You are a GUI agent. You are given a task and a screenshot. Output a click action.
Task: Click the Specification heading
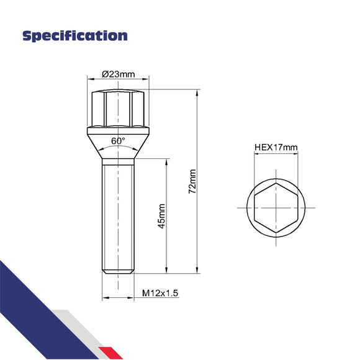point(74,35)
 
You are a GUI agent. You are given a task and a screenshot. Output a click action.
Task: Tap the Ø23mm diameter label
point(117,74)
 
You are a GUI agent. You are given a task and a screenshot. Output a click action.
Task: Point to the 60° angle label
point(118,141)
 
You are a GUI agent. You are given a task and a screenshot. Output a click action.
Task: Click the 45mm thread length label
point(161,215)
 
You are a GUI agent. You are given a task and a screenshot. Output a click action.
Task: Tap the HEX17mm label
point(276,148)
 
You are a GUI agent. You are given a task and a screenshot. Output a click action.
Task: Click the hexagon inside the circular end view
point(276,207)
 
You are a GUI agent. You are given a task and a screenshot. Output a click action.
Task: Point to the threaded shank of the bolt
point(117,211)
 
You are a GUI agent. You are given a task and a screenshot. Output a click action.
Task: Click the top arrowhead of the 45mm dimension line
point(167,161)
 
